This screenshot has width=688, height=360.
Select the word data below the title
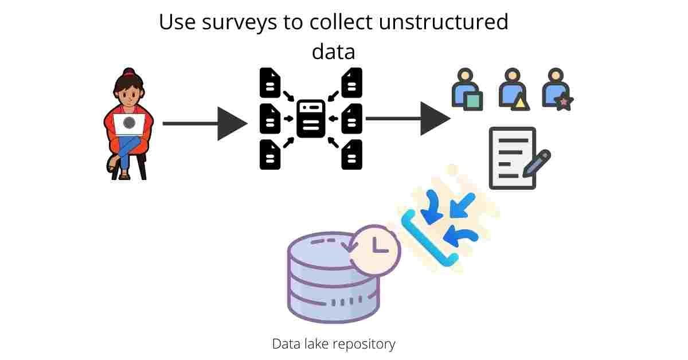333,52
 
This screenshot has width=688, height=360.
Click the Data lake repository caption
333,344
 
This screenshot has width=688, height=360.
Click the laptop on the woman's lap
130,124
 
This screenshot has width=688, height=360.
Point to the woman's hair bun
128,73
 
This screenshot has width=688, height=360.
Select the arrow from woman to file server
204,123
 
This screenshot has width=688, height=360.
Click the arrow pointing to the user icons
408,119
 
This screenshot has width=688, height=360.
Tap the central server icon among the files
311,119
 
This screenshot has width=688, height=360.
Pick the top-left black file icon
270,83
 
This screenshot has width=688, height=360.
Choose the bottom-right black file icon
351,154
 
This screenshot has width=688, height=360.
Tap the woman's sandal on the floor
124,176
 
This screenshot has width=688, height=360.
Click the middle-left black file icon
270,119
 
